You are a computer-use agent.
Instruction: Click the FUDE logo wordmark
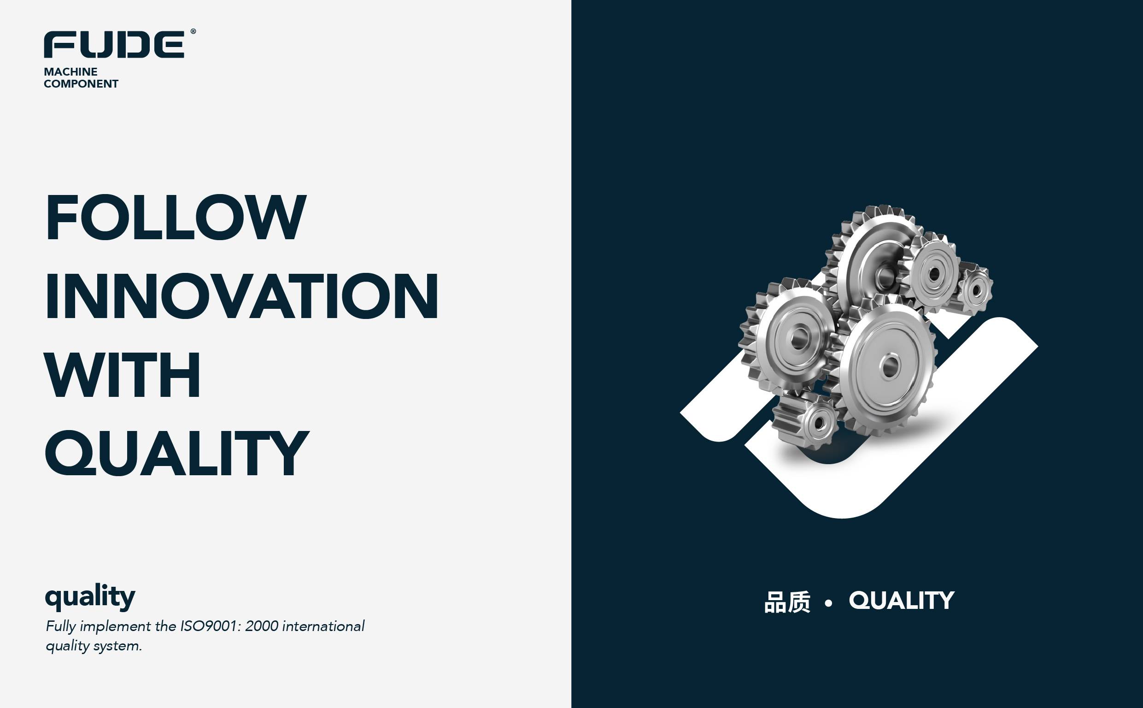tap(114, 45)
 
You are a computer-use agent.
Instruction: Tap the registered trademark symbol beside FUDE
tap(193, 31)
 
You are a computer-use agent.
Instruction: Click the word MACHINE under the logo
tap(70, 71)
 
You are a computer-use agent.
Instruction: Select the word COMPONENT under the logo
tap(81, 84)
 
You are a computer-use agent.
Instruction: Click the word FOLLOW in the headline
tap(176, 217)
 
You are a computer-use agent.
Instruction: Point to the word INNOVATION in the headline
tap(242, 296)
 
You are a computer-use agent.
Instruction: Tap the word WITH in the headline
tap(123, 375)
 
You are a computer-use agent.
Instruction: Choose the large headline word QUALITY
tap(177, 454)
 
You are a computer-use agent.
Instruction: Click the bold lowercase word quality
tap(90, 597)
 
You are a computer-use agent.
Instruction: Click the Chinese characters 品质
tap(787, 602)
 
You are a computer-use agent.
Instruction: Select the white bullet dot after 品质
tap(829, 603)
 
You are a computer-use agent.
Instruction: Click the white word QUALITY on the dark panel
tap(902, 601)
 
